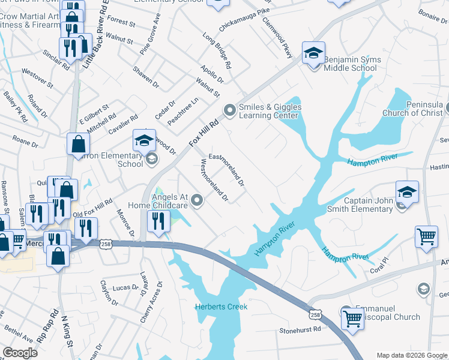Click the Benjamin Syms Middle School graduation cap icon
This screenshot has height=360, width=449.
point(313,53)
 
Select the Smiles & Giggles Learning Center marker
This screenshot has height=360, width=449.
point(229,110)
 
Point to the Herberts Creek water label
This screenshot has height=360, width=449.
point(221,307)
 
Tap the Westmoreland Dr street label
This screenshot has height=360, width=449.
point(214,179)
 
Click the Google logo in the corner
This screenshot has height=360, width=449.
point(20,353)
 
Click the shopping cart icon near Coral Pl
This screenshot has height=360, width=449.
point(426,235)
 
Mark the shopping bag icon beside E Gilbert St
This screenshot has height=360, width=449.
point(79,144)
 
